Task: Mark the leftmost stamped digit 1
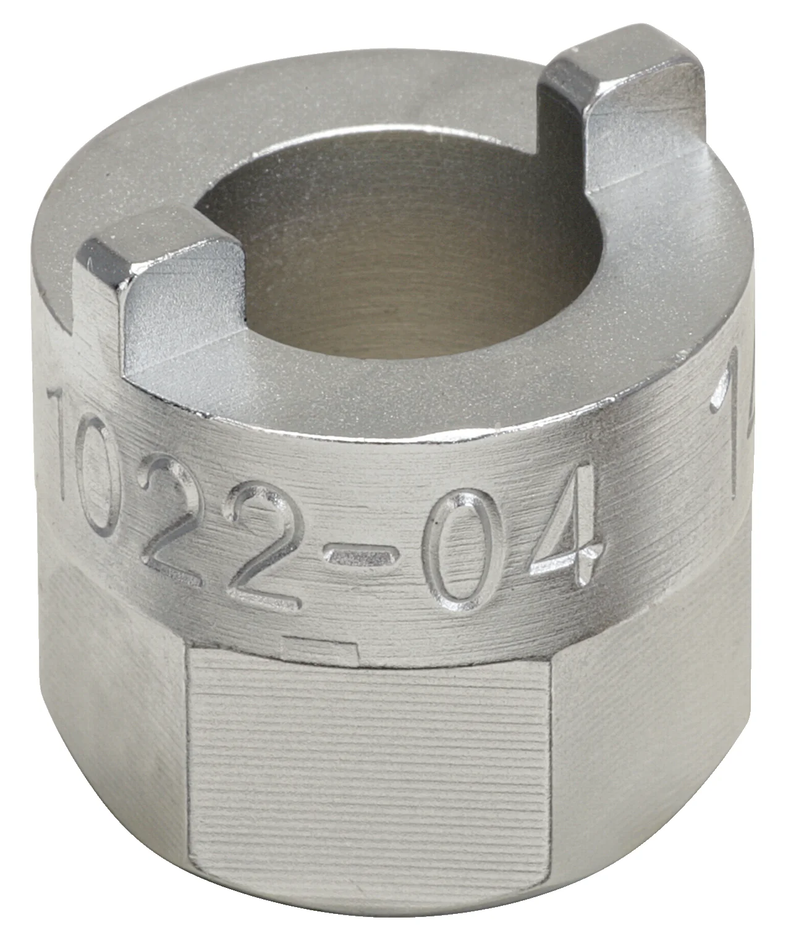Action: [62, 433]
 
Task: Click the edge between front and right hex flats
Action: [550, 772]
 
